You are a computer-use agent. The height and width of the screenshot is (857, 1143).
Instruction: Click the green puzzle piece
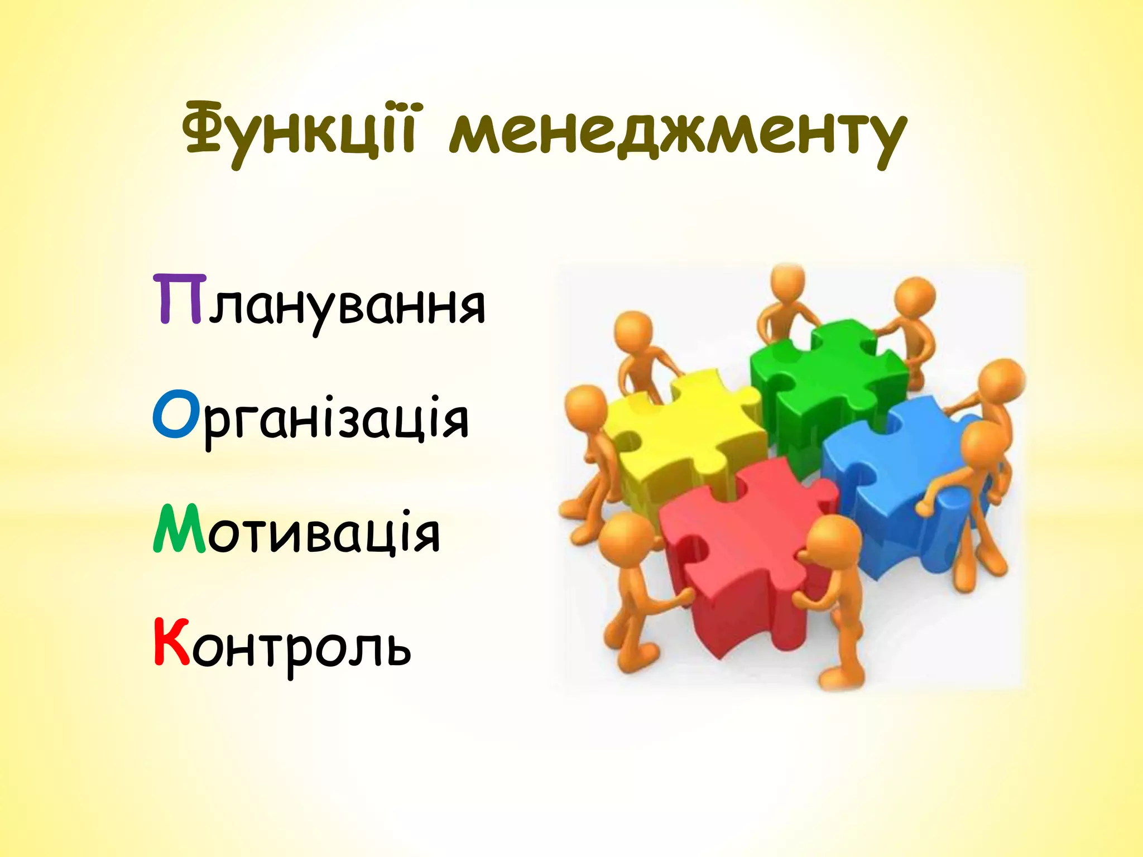(x=826, y=379)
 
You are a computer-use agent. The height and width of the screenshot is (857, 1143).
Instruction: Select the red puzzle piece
(x=748, y=547)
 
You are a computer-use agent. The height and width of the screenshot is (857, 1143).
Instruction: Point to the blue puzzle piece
(x=887, y=474)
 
